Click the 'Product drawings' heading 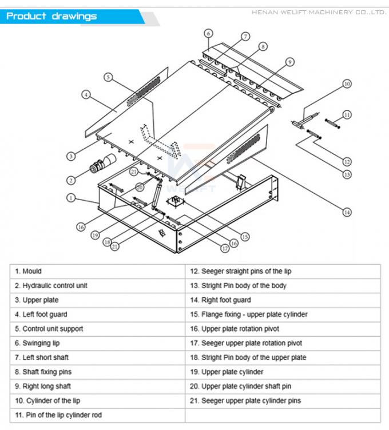coord(51,16)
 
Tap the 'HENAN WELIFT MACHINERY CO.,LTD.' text coord(319,11)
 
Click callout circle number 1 coord(70,198)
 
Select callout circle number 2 coord(71,180)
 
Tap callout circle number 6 coord(208,33)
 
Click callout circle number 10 coord(347,84)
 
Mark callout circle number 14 coord(347,212)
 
